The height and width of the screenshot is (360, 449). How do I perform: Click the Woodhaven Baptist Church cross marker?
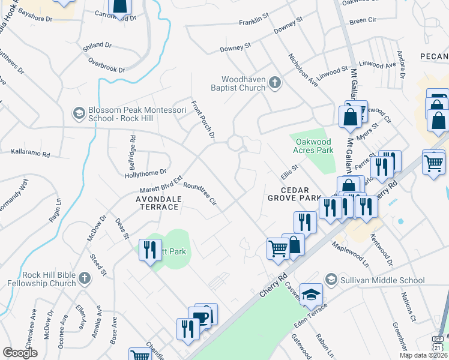[x=275, y=83]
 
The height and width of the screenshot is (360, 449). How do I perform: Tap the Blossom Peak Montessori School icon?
[x=79, y=113]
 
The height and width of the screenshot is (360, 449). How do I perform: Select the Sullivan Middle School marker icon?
[x=330, y=280]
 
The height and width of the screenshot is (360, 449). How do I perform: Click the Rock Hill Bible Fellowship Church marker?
[x=85, y=278]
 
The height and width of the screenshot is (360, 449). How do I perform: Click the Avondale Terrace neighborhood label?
[x=157, y=202]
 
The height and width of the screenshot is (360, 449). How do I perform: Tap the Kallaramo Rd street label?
[x=33, y=153]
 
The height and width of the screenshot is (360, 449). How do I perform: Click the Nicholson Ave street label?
[x=303, y=71]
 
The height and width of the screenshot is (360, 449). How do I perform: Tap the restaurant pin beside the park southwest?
[x=149, y=250]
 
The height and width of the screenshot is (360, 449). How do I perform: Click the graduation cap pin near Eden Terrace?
[x=312, y=294]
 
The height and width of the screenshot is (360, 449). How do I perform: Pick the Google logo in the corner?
[x=20, y=353]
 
